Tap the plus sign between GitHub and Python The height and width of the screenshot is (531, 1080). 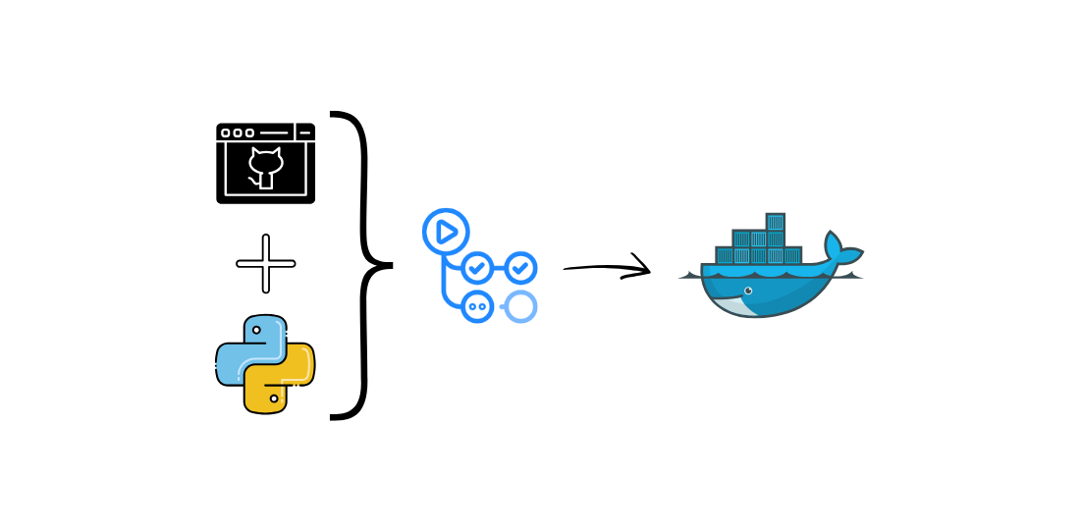[265, 263]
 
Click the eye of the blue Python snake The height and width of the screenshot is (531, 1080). [256, 330]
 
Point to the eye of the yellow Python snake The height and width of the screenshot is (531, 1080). [274, 398]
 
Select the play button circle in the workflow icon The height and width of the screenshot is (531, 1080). [446, 232]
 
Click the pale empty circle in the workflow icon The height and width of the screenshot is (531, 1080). [521, 306]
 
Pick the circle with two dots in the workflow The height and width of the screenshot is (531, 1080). [477, 306]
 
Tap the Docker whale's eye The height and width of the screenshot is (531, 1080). [748, 291]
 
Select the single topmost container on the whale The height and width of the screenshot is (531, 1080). [775, 222]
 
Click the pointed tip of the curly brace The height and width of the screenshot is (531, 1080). [390, 265]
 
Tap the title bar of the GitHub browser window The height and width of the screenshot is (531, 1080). [265, 132]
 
